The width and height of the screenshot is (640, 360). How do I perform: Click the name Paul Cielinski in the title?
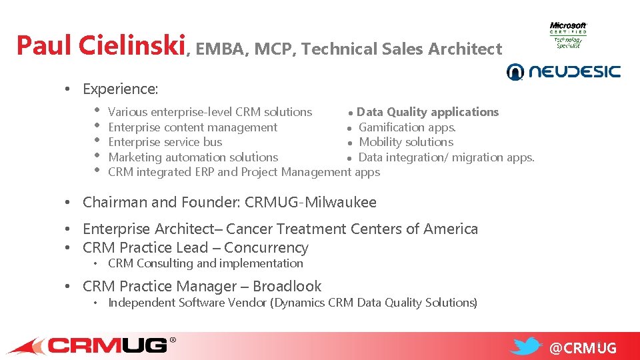coord(100,46)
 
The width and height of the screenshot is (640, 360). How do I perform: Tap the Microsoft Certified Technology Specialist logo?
coord(568,35)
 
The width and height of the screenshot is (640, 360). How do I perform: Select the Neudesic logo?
coord(563,71)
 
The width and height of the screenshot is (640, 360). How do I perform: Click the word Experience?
coord(120,89)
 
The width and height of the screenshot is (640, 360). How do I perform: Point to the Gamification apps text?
coord(407,127)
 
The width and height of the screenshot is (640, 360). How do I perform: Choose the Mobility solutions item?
coord(406,142)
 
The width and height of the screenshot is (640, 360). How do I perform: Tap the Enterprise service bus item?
coord(165,142)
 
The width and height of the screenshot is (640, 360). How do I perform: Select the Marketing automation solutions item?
coord(193,157)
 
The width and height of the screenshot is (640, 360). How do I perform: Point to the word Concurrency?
coord(266,247)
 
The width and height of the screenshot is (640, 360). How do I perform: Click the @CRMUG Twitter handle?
coord(583,348)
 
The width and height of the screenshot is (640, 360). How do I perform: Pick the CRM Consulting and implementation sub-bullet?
coord(205,263)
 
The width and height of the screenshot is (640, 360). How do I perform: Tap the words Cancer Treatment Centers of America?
coord(352,229)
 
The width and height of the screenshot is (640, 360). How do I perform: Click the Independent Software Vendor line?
coord(293,303)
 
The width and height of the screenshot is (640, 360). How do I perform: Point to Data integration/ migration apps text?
coord(446,157)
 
